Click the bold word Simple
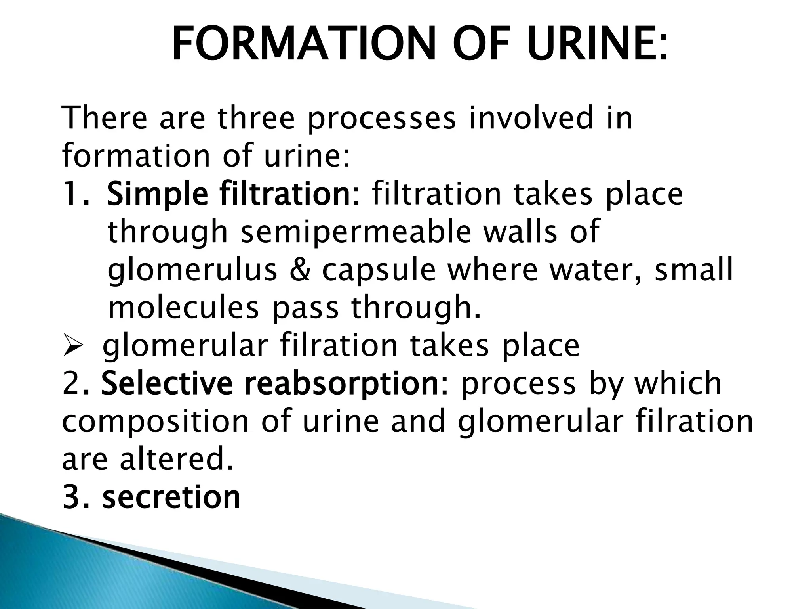157,194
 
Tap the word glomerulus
192,270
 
